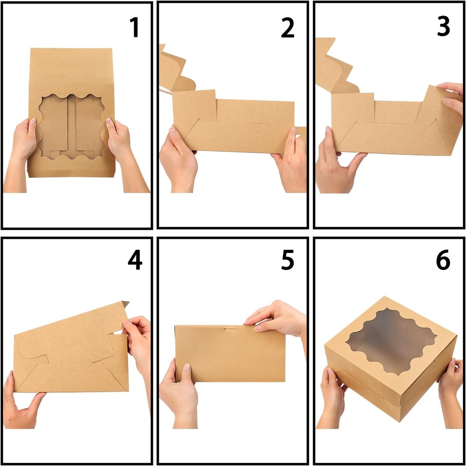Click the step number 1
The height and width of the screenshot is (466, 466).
pos(134,27)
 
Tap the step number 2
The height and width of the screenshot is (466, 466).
pos(288,27)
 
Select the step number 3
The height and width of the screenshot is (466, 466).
pos(443,27)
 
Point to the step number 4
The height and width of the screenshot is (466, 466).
pos(135,260)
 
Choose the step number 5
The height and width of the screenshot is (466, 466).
pos(288,260)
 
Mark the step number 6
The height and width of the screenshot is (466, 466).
pos(443,260)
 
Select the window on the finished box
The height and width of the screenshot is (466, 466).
pos(390,341)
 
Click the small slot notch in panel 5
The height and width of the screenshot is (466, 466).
pos(230,329)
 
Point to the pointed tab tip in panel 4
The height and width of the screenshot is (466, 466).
pos(126,303)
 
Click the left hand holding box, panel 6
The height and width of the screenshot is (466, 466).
pos(332,391)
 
